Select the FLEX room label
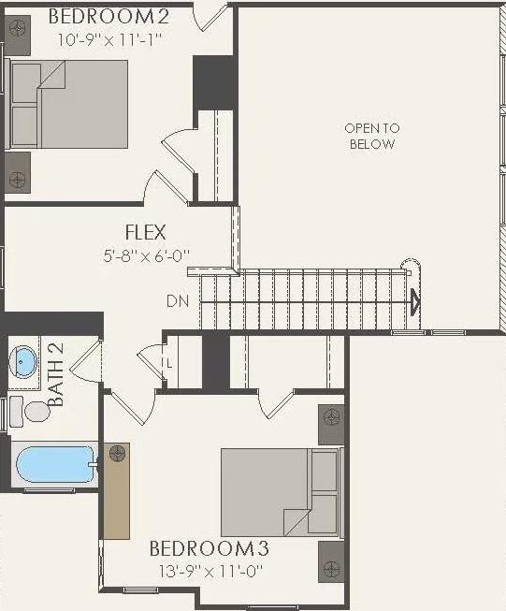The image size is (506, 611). (146, 232)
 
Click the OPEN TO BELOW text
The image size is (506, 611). (371, 136)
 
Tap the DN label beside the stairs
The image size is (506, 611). (178, 301)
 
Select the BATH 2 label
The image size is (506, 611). (56, 374)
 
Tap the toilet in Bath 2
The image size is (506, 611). (34, 411)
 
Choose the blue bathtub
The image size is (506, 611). (54, 464)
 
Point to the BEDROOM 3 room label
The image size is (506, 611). (215, 547)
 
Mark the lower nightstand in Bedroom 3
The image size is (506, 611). (331, 560)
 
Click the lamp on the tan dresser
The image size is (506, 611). (117, 455)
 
